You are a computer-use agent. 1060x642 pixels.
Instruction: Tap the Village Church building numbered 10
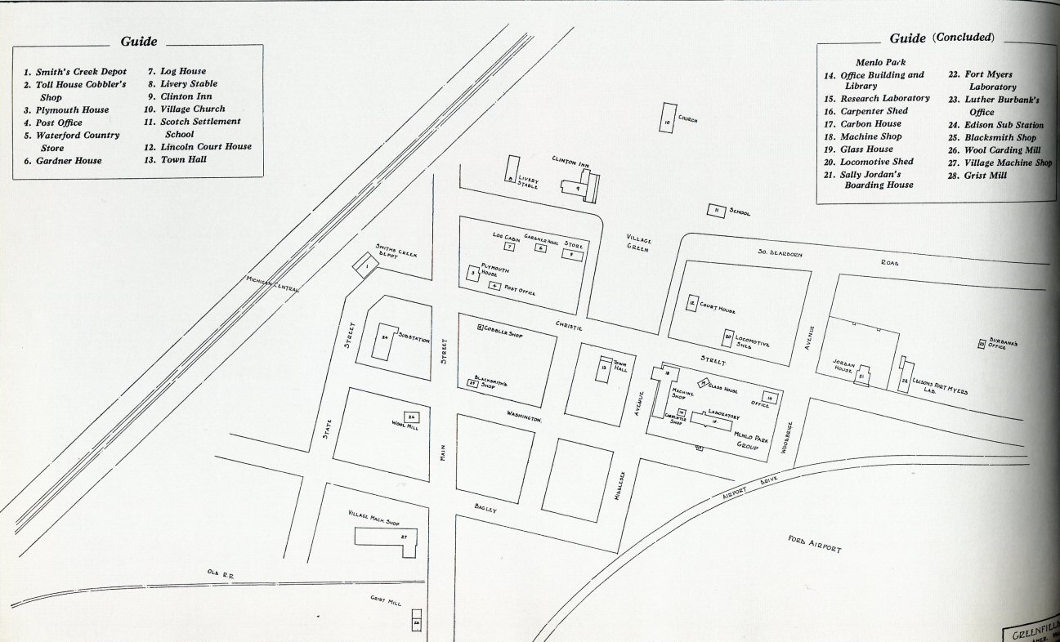point(667,118)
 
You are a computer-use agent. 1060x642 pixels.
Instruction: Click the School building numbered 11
point(716,211)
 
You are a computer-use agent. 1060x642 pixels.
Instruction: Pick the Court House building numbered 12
point(692,304)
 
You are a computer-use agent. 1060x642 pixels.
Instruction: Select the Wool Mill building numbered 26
point(412,417)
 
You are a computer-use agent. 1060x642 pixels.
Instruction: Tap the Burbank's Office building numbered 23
point(982,344)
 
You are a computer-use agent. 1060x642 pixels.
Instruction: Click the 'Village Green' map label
point(639,243)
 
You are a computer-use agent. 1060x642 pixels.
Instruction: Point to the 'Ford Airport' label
point(814,544)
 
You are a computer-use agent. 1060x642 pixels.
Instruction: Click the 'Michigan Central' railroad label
point(274,292)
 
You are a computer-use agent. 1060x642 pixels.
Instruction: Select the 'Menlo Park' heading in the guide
point(880,62)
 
